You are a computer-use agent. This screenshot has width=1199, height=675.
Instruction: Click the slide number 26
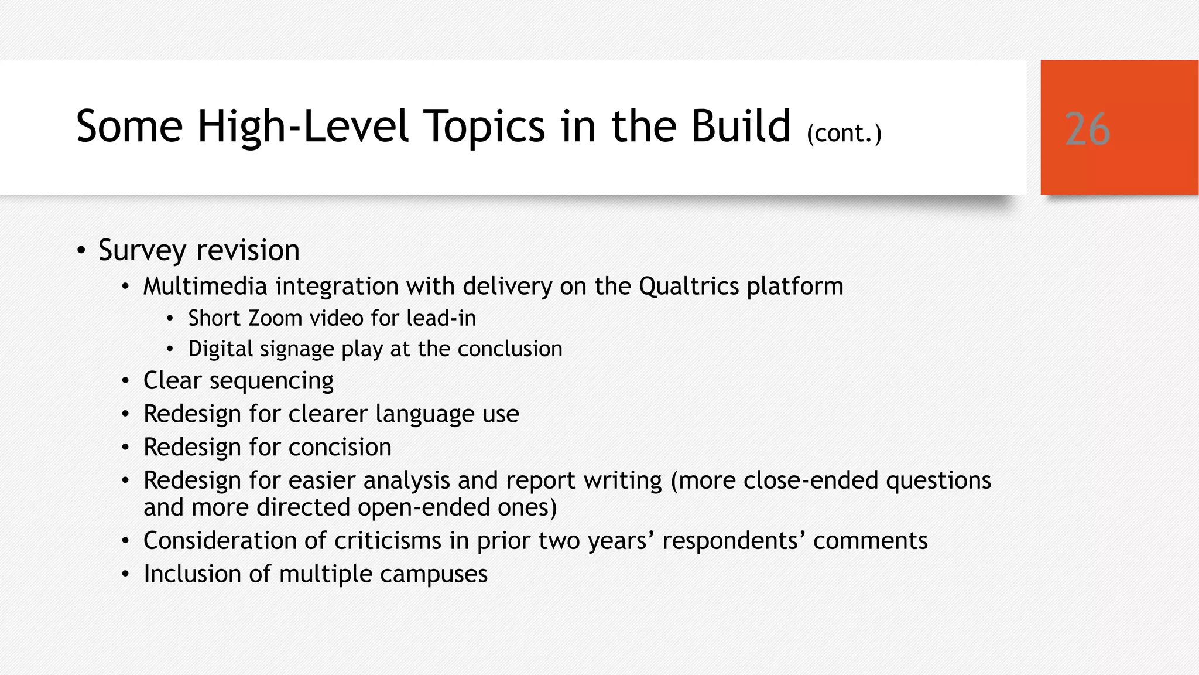1087,129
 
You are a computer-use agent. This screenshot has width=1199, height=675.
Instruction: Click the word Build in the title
741,126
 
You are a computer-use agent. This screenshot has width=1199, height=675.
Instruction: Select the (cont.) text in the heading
844,134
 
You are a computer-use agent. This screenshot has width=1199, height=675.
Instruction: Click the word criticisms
387,541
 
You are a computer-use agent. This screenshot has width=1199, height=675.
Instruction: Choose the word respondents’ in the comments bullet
734,541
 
